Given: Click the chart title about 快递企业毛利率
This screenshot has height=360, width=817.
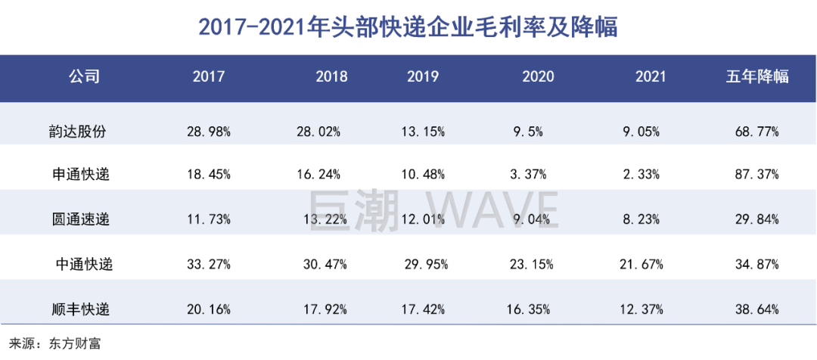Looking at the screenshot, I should point(408,27).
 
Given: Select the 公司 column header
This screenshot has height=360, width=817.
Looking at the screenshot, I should point(84,76).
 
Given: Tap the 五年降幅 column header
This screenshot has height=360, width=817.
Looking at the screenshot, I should point(757,76).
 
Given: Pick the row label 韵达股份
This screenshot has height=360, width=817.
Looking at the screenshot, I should point(84,131).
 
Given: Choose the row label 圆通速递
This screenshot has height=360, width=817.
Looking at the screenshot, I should point(84,220).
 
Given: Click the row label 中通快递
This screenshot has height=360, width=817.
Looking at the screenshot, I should point(84,265).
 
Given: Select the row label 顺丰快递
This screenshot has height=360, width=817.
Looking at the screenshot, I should point(84,309).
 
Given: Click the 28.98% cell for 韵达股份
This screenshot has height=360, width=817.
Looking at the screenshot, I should point(208,131).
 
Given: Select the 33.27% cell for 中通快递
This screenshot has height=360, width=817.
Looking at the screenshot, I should point(208,265).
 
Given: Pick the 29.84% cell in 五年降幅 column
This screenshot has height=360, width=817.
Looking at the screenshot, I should point(757,220).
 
